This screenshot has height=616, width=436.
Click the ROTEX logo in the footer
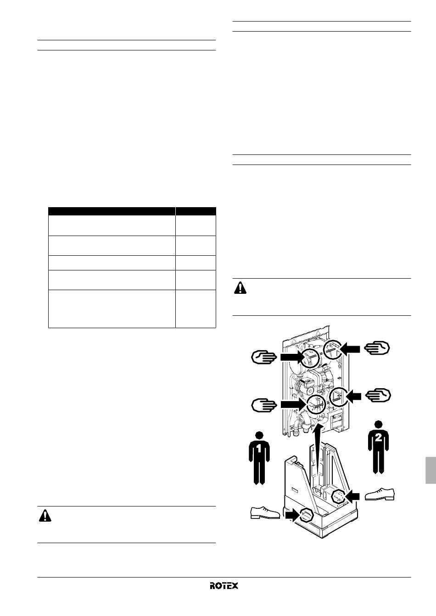[x=224, y=585]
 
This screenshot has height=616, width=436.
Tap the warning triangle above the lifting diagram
[x=240, y=288]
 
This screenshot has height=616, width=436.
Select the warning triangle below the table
[x=45, y=516]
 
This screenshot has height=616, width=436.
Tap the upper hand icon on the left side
[x=264, y=357]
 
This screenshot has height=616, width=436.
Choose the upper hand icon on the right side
[x=377, y=348]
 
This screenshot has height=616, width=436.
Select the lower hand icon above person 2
[x=378, y=395]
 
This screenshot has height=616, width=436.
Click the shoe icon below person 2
[x=380, y=494]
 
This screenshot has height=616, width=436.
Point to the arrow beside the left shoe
[x=292, y=515]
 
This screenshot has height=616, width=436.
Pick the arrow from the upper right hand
[x=350, y=349]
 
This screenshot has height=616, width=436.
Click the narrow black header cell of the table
[x=196, y=211]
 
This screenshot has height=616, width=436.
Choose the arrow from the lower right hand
[x=354, y=396]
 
